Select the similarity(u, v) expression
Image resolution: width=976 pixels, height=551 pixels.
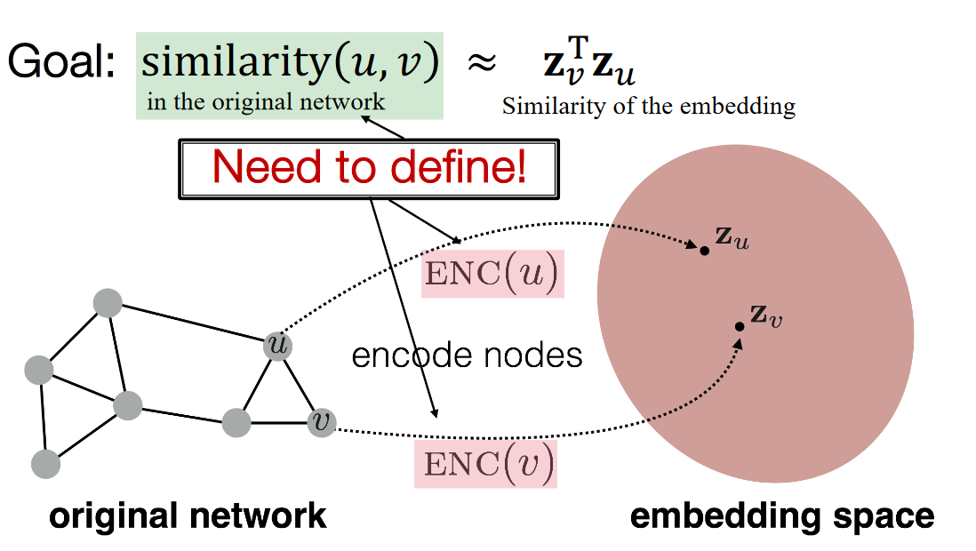[290, 64]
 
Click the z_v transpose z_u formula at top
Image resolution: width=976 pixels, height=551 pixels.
[590, 65]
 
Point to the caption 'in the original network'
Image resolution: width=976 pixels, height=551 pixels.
[266, 101]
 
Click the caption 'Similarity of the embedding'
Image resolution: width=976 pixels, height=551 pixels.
[648, 107]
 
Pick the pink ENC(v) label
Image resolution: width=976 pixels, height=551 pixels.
[485, 463]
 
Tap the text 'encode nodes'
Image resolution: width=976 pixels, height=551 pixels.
[468, 355]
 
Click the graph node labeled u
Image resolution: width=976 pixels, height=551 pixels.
[278, 346]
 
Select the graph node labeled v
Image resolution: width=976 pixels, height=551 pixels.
[321, 422]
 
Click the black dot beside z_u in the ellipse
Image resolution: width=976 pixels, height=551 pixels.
[704, 251]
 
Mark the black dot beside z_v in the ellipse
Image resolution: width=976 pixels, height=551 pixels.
[739, 326]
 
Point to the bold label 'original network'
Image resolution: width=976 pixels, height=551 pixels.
[188, 516]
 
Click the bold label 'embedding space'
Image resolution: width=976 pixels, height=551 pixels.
[782, 516]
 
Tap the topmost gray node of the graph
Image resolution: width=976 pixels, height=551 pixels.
[108, 303]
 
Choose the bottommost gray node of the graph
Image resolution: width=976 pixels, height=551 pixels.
[45, 463]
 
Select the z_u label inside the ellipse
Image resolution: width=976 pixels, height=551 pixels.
[733, 239]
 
